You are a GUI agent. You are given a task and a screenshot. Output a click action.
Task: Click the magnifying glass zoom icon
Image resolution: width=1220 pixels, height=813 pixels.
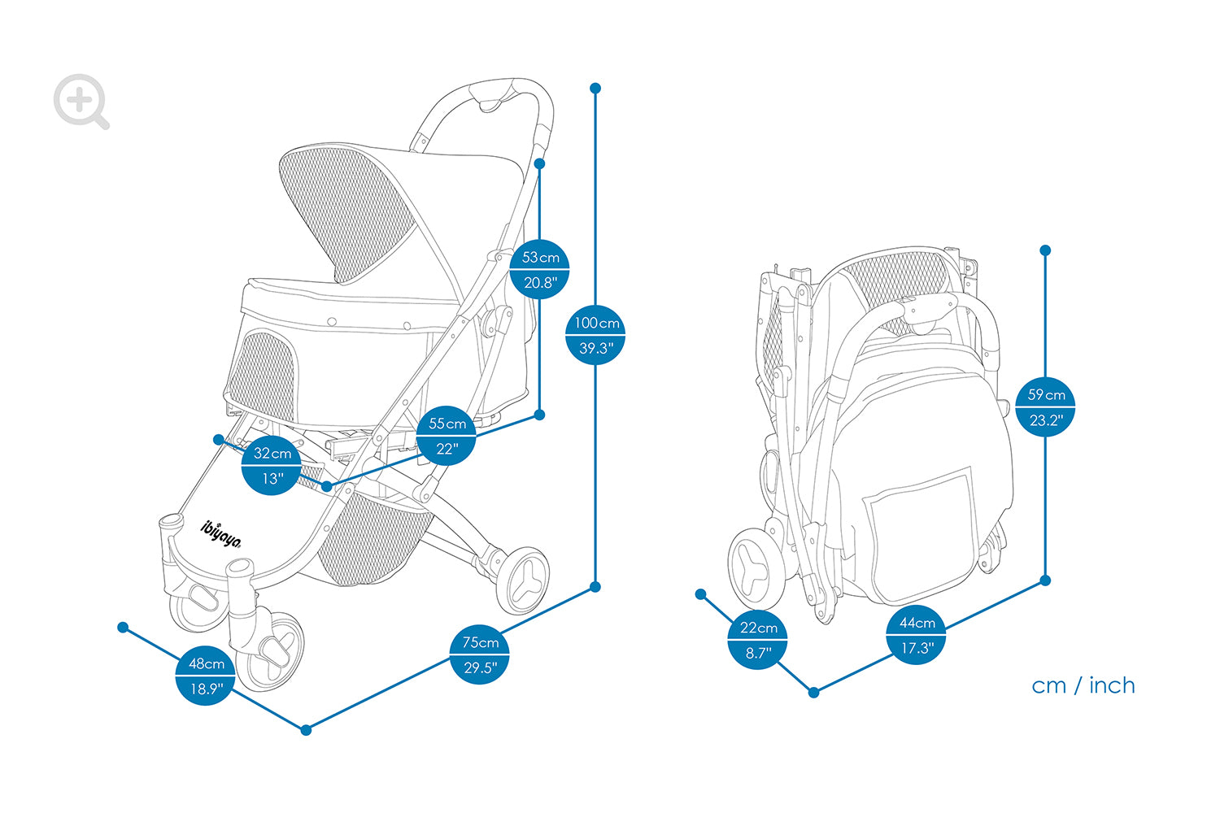(81, 102)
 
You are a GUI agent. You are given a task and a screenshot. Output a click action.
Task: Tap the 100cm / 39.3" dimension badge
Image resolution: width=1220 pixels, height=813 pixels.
(595, 335)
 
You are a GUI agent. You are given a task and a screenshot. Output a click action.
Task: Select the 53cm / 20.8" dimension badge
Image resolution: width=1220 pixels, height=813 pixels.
(540, 269)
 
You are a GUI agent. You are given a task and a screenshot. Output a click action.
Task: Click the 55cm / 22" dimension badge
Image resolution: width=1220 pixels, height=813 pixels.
(447, 436)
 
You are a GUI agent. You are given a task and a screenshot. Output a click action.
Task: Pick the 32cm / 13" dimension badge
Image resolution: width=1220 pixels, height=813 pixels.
(272, 466)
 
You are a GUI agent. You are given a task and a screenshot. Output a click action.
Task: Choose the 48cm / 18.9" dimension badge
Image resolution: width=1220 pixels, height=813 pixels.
(205, 676)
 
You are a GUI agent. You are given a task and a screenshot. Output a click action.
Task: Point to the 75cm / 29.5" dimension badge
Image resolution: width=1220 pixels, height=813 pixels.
(479, 654)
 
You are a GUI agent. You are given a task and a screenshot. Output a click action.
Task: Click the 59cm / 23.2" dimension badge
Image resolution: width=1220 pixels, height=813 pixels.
(1045, 406)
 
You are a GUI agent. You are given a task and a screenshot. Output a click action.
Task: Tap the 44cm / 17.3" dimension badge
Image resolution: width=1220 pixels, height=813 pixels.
(916, 635)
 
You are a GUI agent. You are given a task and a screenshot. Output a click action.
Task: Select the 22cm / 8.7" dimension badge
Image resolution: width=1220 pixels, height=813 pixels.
(757, 640)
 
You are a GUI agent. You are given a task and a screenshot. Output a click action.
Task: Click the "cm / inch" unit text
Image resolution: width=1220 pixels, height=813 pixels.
(1083, 685)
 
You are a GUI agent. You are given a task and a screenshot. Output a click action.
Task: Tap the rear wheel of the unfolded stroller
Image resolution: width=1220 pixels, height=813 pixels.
(523, 580)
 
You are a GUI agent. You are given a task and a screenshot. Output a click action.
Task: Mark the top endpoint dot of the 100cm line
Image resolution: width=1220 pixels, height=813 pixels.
(595, 89)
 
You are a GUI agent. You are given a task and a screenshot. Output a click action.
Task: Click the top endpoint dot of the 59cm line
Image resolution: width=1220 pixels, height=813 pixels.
(1045, 250)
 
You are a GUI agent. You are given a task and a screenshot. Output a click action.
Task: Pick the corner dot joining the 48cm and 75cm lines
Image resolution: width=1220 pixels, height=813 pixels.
(306, 730)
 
